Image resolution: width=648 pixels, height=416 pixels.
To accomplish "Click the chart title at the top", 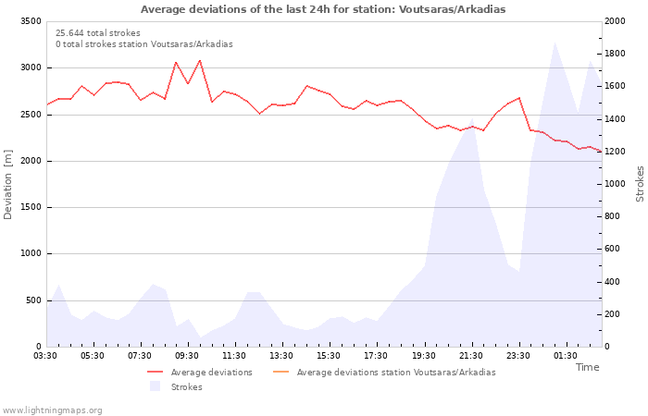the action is (x=323, y=9).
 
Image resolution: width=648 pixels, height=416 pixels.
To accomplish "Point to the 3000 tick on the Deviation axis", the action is (x=31, y=67).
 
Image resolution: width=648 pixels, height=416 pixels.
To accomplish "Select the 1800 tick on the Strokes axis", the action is (x=615, y=54).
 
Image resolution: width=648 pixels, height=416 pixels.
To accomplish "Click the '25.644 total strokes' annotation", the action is (x=98, y=33).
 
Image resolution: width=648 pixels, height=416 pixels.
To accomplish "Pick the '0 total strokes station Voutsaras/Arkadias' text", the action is (x=144, y=44).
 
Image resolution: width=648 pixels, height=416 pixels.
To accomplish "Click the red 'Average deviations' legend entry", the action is (x=200, y=373).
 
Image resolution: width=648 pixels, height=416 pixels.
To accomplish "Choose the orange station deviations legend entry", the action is (x=384, y=373).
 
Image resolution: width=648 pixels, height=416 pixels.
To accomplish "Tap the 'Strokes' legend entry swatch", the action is (x=155, y=386).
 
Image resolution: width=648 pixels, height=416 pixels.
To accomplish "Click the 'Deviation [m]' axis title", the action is (x=7, y=184).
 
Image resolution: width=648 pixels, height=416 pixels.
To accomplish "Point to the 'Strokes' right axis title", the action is (x=641, y=184).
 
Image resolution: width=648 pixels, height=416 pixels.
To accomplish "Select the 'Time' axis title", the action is (x=587, y=367).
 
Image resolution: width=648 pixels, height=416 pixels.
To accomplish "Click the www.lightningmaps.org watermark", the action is (x=52, y=410).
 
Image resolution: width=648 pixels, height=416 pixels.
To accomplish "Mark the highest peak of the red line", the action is (x=200, y=60).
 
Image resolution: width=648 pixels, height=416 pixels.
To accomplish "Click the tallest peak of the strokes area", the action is (x=555, y=43).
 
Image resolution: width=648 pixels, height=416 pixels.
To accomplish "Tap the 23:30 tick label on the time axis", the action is (x=517, y=356).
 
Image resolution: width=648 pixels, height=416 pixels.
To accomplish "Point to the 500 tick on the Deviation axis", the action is (x=34, y=300).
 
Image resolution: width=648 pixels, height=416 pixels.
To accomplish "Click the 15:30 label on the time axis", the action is (x=329, y=356).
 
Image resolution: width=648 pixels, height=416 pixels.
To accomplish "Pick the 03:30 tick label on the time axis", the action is (x=45, y=356).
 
